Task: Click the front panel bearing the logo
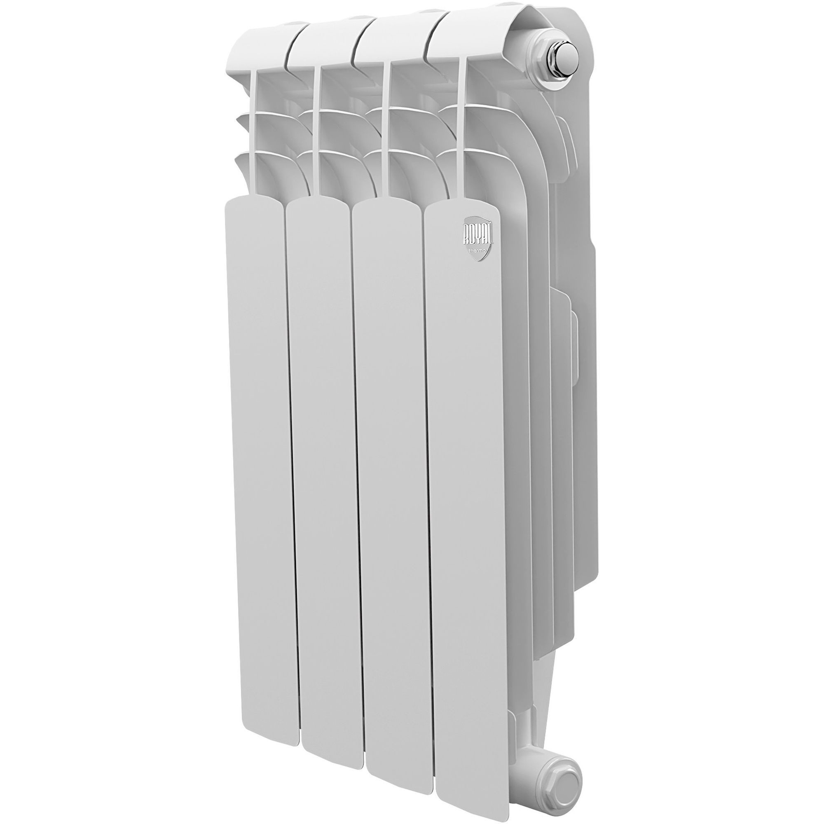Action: [x=465, y=469]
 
